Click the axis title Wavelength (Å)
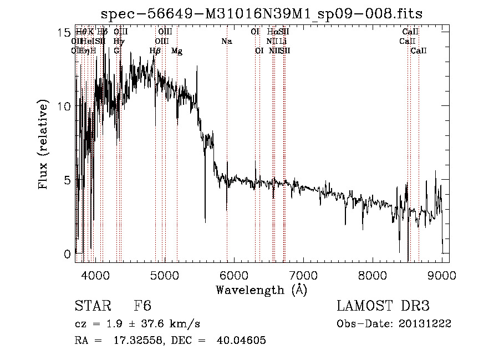(x=261, y=289)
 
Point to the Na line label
(x=226, y=42)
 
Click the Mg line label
(x=176, y=51)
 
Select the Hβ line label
(x=155, y=51)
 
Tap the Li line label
(x=283, y=42)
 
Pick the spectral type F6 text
(x=142, y=306)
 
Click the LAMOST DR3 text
(x=383, y=306)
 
